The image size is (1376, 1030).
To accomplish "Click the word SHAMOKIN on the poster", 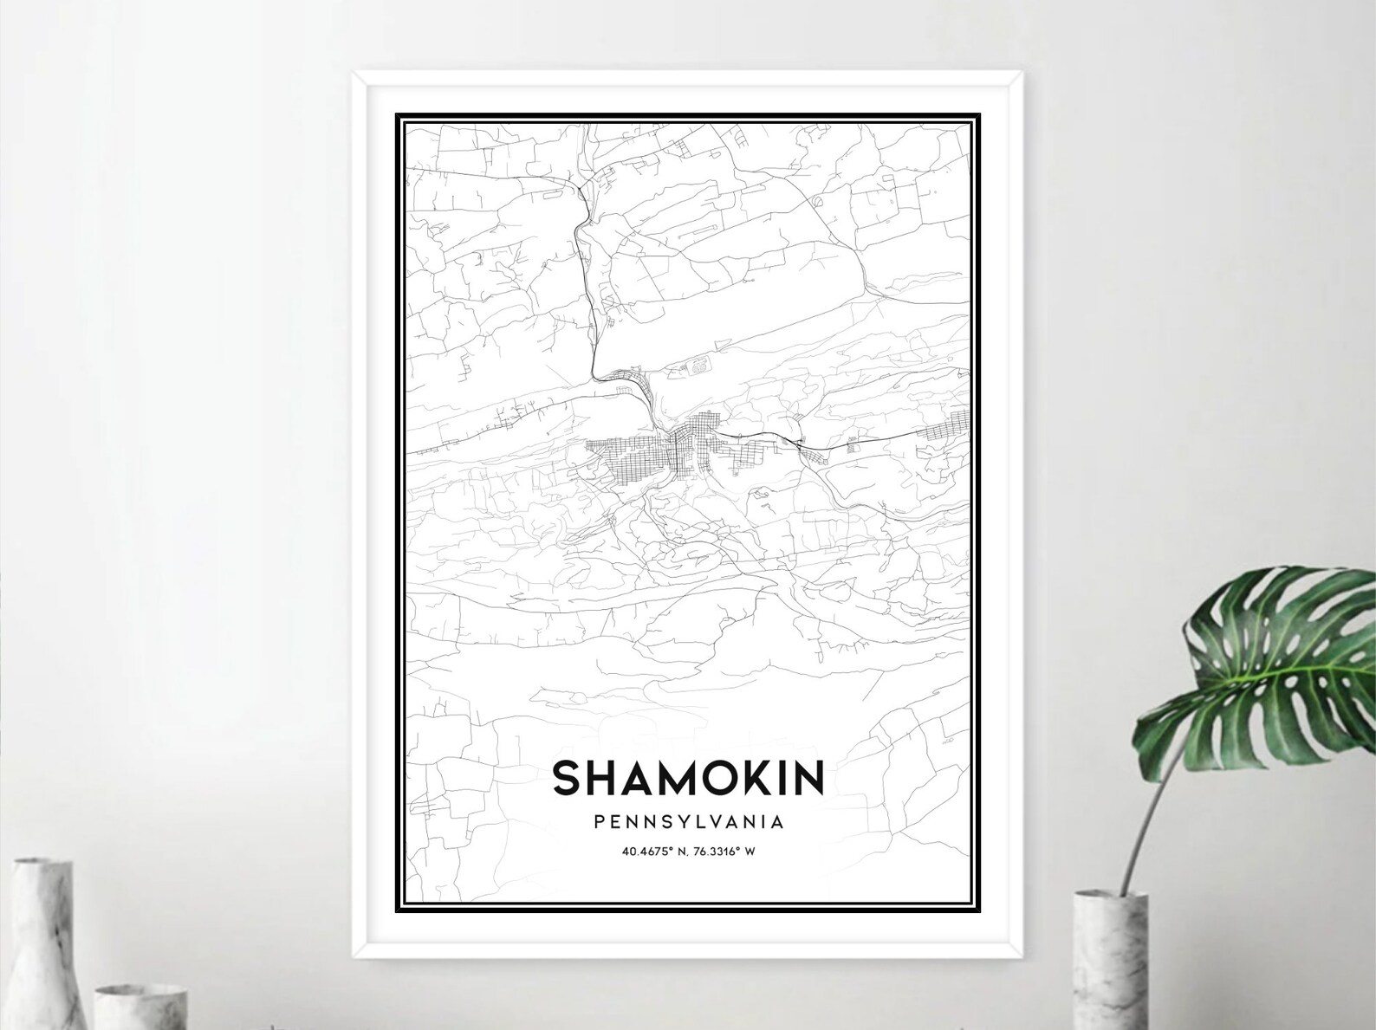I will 688,778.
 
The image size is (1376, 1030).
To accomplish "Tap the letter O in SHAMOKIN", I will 711,778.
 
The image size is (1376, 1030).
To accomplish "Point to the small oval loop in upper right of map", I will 818,200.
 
